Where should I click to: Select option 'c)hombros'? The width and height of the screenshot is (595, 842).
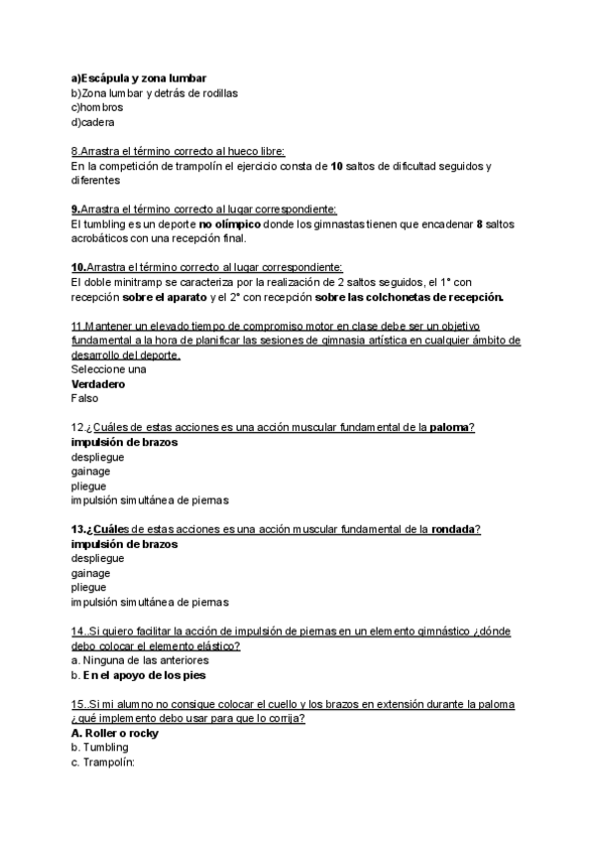pyautogui.click(x=97, y=107)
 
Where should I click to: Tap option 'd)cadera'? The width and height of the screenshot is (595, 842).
pyautogui.click(x=92, y=122)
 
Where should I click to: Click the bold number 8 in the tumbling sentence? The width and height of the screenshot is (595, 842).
pyautogui.click(x=479, y=224)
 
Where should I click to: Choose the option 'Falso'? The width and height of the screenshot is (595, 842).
pyautogui.click(x=85, y=398)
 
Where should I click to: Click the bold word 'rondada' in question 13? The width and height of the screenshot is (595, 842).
pyautogui.click(x=455, y=529)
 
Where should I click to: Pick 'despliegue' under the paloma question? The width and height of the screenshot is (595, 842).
pyautogui.click(x=97, y=458)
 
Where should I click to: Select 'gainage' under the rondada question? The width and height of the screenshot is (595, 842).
pyautogui.click(x=91, y=573)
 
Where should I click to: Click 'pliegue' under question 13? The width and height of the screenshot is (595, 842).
pyautogui.click(x=89, y=588)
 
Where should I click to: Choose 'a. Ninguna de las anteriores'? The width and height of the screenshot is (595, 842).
pyautogui.click(x=140, y=660)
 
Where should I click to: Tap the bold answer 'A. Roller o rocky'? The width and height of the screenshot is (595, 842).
pyautogui.click(x=115, y=733)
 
